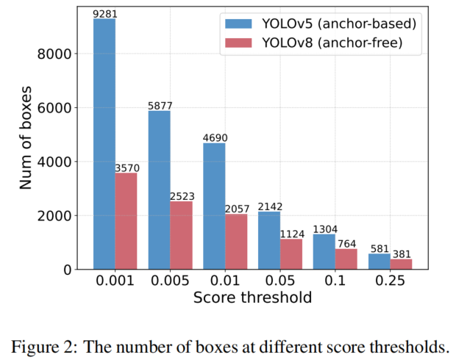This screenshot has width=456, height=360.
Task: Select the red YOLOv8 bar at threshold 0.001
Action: pos(126,221)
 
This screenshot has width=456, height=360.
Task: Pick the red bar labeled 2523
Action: pos(181,235)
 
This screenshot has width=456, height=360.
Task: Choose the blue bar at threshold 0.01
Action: pos(214,206)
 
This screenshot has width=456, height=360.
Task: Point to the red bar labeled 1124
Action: pos(291,254)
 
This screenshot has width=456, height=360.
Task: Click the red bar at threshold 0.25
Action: pos(402,264)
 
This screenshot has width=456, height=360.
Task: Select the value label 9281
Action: pos(104,13)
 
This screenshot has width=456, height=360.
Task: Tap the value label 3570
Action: pos(127,168)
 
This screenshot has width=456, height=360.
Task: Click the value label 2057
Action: pos(237,209)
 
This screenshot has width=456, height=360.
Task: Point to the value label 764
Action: pos(346,243)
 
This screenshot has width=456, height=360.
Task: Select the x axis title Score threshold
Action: pos(252,298)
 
